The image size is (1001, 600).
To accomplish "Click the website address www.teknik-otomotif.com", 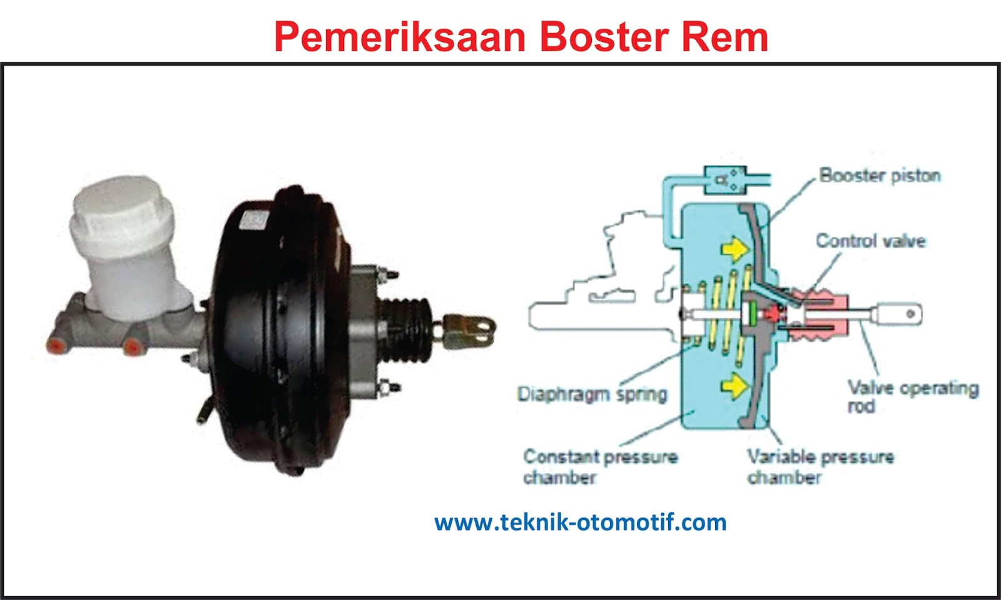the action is [x=580, y=522].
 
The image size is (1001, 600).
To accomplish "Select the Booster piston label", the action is [x=880, y=175].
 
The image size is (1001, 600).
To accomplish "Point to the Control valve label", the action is [x=870, y=241].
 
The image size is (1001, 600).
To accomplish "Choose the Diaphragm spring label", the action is [x=592, y=394].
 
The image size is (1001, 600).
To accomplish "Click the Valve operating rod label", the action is [x=912, y=397].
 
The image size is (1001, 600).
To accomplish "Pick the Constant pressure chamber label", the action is [x=600, y=466].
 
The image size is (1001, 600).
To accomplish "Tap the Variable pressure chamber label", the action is [x=820, y=466].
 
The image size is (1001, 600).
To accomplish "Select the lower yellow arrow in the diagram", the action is [x=735, y=385].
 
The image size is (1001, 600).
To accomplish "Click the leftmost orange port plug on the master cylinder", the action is [x=56, y=344].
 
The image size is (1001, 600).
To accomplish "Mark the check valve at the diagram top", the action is [x=726, y=180].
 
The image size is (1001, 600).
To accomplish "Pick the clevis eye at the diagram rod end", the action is [x=901, y=313].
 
